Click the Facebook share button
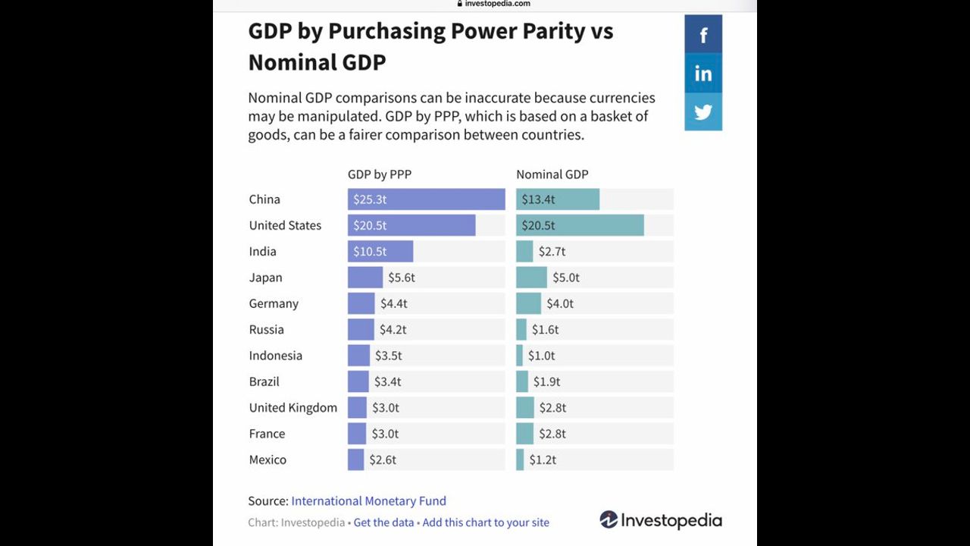click(x=703, y=35)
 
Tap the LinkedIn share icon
click(x=703, y=74)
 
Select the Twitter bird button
click(x=703, y=112)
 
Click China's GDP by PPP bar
click(x=426, y=199)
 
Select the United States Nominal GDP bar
click(x=580, y=225)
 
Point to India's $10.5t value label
click(x=370, y=252)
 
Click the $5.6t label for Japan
click(x=402, y=278)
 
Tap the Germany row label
click(x=274, y=303)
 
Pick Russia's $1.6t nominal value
click(x=545, y=330)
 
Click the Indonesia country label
click(x=275, y=356)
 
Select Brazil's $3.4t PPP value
click(x=387, y=381)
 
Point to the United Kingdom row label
click(x=293, y=408)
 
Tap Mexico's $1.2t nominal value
click(x=543, y=460)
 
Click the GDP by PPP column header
click(x=380, y=174)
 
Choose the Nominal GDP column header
click(x=552, y=174)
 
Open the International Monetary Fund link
click(x=368, y=501)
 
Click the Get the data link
click(x=383, y=522)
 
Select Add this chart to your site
click(x=486, y=522)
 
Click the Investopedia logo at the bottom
click(x=661, y=520)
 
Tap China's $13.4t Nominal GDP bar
click(x=558, y=199)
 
